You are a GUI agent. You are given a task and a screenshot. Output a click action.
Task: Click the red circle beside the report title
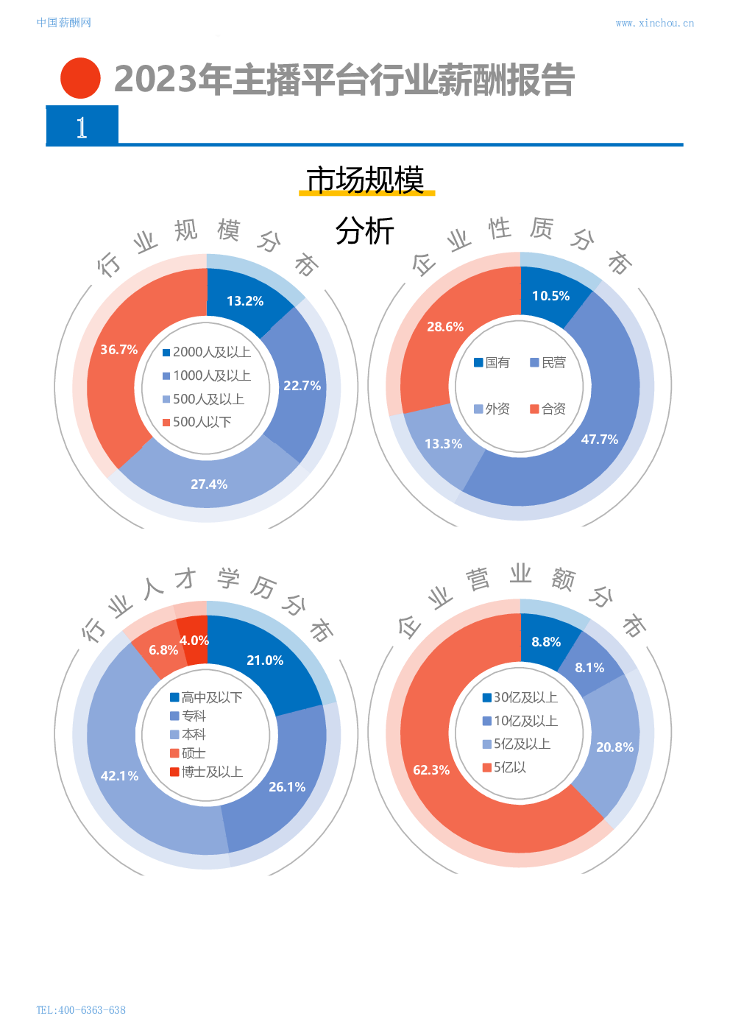tap(80, 78)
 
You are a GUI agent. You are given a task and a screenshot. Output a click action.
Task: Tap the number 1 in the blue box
tap(82, 127)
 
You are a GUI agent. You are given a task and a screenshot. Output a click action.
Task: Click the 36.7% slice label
tap(119, 350)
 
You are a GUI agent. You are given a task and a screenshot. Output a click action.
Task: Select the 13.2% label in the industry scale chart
tap(245, 301)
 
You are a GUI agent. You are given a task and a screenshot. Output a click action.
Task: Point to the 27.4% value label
tap(209, 484)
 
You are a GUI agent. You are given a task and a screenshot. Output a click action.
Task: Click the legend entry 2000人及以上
tap(207, 353)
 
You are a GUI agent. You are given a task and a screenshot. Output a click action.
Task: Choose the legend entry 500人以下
tap(196, 422)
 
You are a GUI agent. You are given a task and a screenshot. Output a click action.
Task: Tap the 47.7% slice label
tap(600, 440)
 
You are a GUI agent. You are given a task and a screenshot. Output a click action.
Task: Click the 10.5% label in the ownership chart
tap(550, 296)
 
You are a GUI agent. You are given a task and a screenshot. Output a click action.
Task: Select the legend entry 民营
tap(548, 362)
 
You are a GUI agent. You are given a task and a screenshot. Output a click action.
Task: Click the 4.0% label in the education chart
tap(194, 641)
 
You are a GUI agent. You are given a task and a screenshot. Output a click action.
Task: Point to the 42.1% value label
tap(119, 776)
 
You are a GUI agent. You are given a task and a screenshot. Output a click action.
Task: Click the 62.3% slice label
tap(431, 770)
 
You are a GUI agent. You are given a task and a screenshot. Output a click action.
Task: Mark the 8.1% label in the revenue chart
tap(589, 668)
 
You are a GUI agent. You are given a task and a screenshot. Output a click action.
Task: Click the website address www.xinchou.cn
tap(654, 24)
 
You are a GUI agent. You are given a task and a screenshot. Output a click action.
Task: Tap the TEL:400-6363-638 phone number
tap(81, 1010)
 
